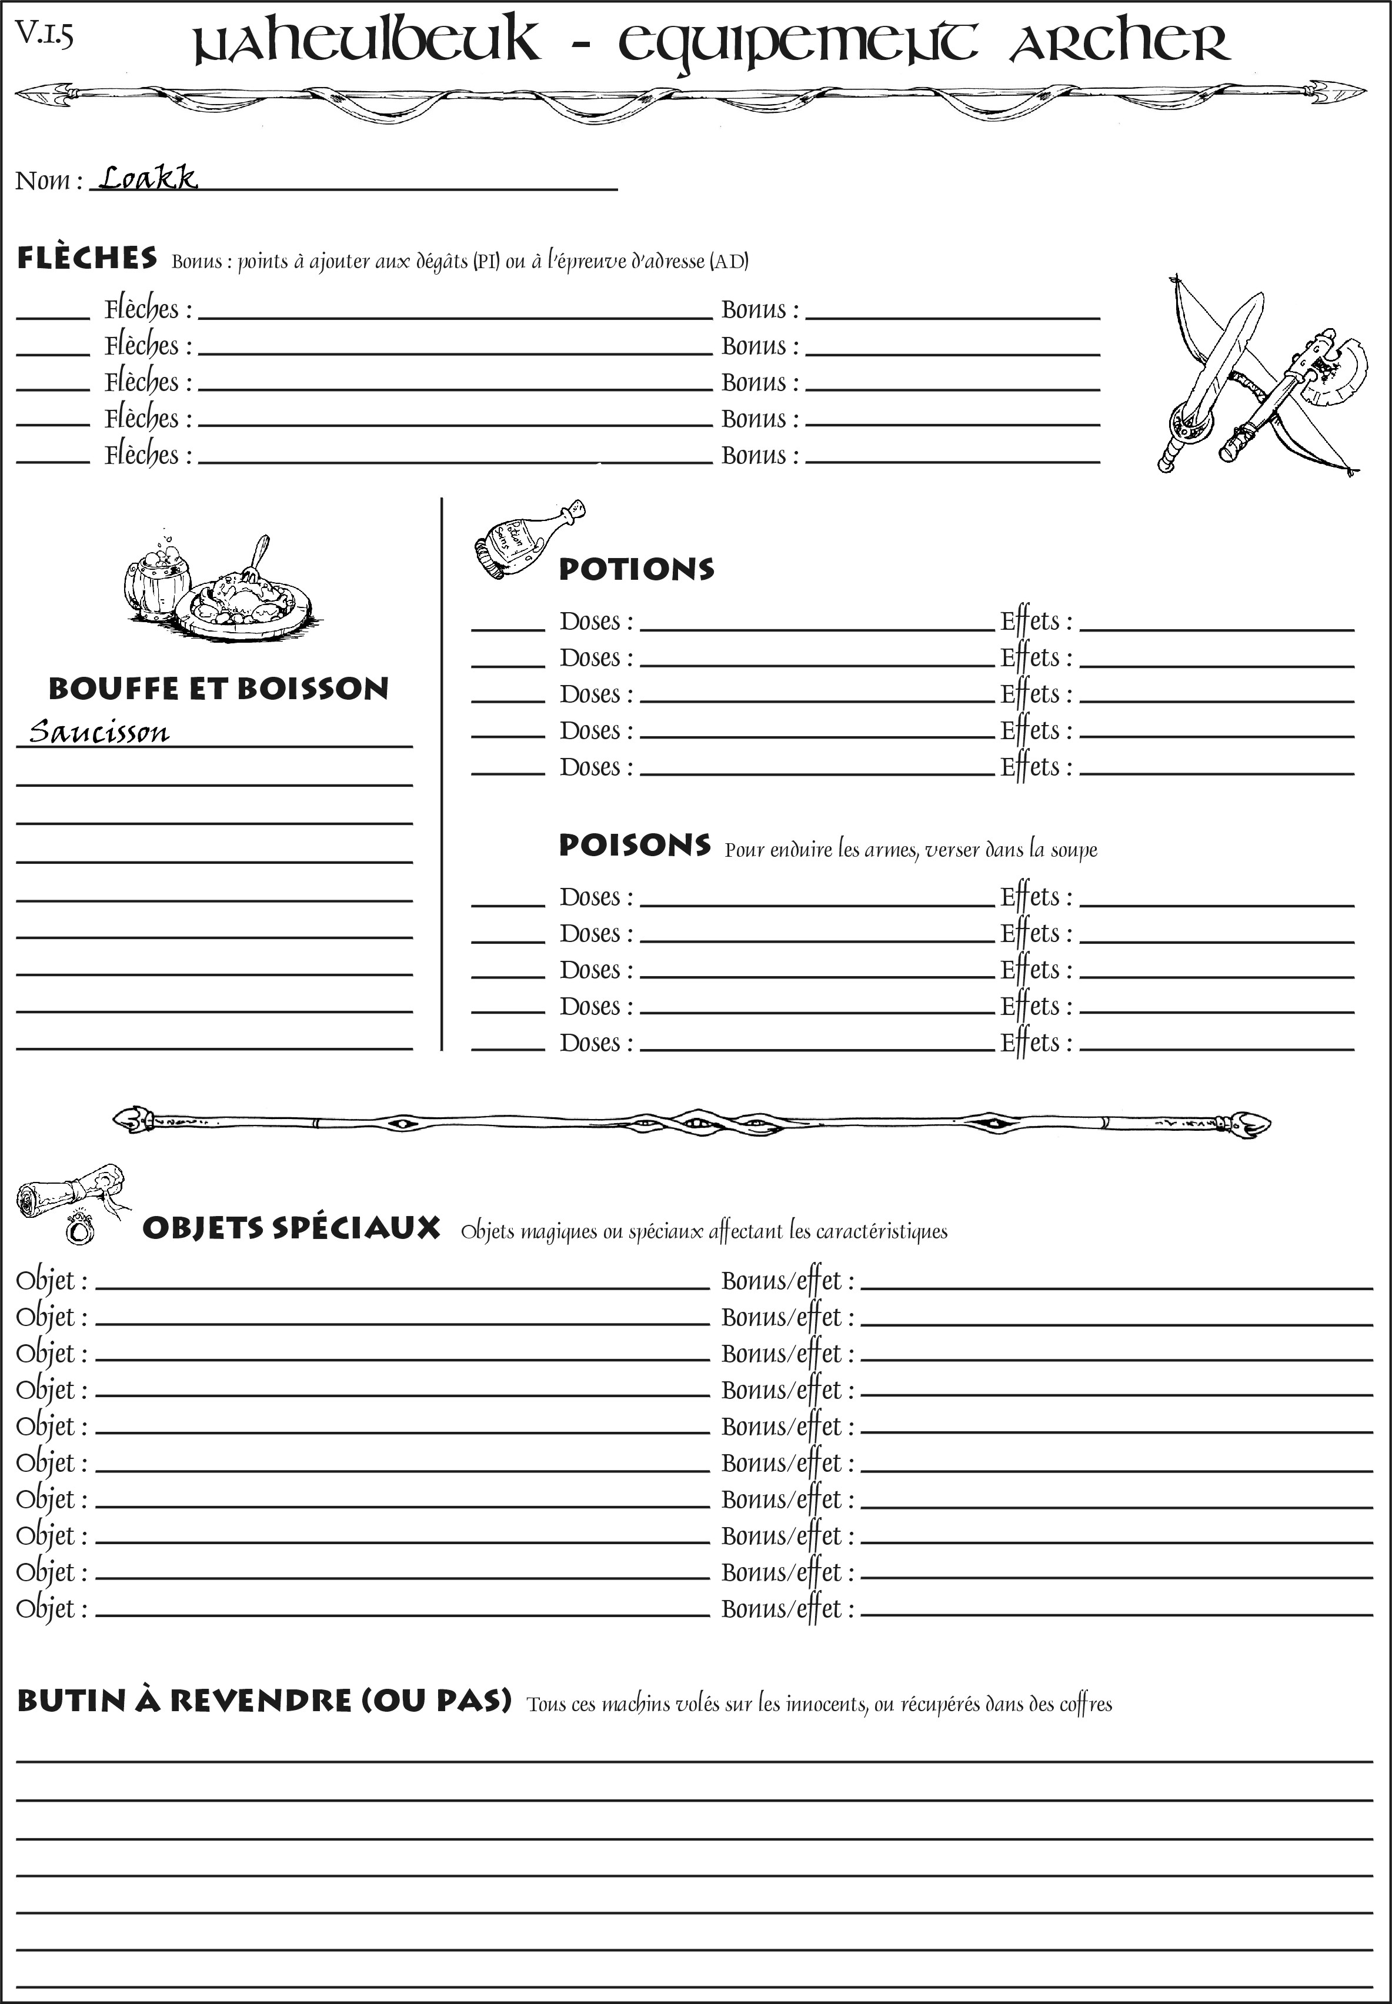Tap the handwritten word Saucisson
pyautogui.click(x=99, y=731)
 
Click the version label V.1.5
pyautogui.click(x=44, y=35)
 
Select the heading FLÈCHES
pyautogui.click(x=87, y=258)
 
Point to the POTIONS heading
pyautogui.click(x=636, y=569)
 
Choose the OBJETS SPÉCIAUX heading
pyautogui.click(x=291, y=1228)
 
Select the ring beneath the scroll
pyautogui.click(x=80, y=1230)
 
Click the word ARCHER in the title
pyautogui.click(x=1119, y=44)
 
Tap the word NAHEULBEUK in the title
pyautogui.click(x=366, y=44)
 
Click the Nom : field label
pyautogui.click(x=49, y=181)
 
